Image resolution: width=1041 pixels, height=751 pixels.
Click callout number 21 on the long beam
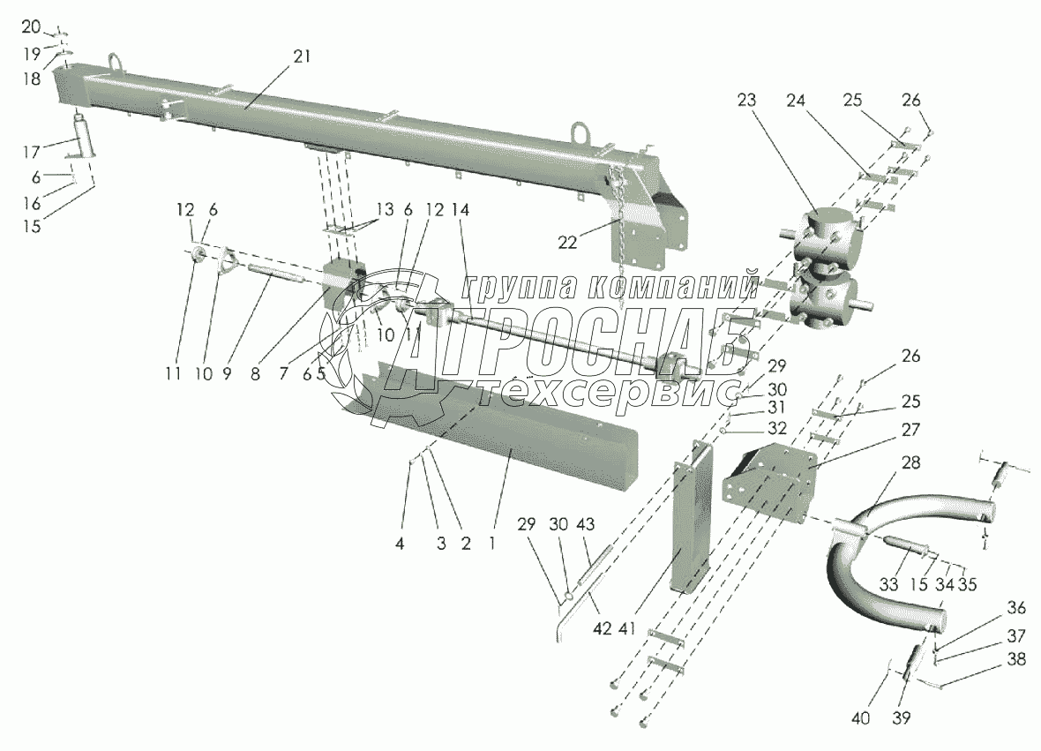302,56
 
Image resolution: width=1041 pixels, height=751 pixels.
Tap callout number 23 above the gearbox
748,101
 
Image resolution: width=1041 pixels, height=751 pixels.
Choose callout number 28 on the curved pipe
910,463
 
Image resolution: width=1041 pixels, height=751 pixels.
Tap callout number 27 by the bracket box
910,430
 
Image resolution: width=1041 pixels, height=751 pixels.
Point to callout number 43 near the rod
585,522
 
